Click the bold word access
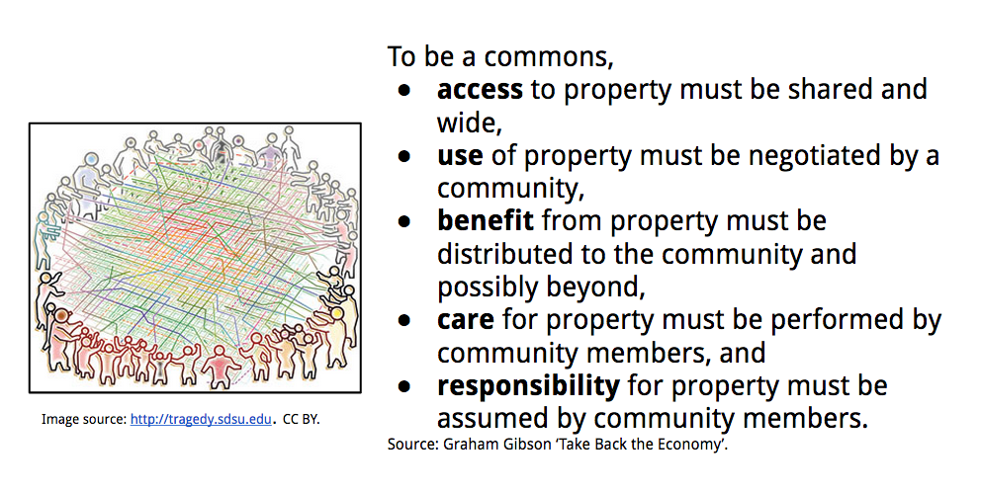click(480, 90)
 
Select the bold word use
click(459, 155)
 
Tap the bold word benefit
click(485, 220)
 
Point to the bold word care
click(465, 319)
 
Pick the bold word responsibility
click(528, 385)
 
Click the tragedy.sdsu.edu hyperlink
click(201, 419)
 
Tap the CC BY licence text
click(301, 419)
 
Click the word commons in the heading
click(548, 57)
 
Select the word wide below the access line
click(469, 123)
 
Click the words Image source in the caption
click(84, 419)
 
